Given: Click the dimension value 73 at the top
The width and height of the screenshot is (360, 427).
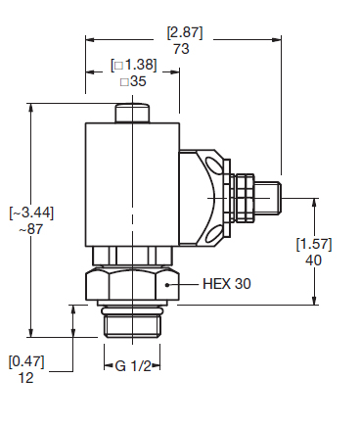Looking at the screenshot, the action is coord(181,49).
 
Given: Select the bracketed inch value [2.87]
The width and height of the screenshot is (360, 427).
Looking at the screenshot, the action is coord(185,32).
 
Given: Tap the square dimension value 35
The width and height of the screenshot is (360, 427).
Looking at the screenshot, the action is coord(133,81).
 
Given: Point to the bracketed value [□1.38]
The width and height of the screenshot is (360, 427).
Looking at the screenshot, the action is coord(134,65).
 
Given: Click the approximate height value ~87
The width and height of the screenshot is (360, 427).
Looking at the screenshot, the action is coord(30,229).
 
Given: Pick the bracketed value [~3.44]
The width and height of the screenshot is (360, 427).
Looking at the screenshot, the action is coord(31,213).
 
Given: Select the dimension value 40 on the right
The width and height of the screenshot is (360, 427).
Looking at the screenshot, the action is coord(313,261).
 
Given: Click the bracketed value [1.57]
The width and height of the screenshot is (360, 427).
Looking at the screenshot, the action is coord(314,244).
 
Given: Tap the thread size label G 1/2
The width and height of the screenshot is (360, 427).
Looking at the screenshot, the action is coord(133,366).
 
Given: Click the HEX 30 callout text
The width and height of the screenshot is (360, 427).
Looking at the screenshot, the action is coord(227,284).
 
